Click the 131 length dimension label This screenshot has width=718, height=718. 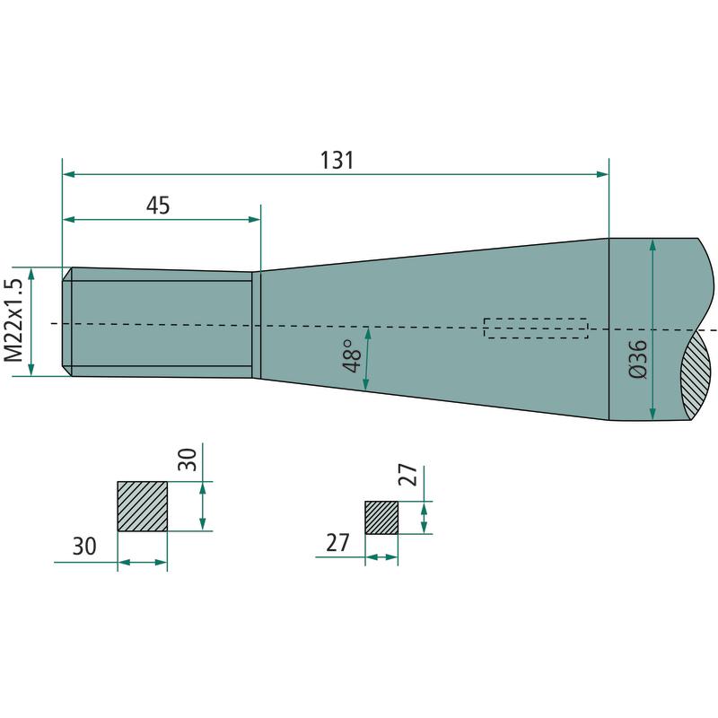click(x=337, y=161)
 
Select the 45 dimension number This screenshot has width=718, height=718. click(x=158, y=206)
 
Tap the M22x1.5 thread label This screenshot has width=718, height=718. click(x=13, y=320)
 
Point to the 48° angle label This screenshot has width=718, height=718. click(x=352, y=356)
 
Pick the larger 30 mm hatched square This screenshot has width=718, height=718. click(x=143, y=506)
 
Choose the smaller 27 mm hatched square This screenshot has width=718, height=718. click(x=381, y=518)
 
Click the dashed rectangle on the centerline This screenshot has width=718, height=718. click(x=536, y=328)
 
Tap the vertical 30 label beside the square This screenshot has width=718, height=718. click(x=188, y=460)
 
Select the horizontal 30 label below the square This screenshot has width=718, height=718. click(x=84, y=547)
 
